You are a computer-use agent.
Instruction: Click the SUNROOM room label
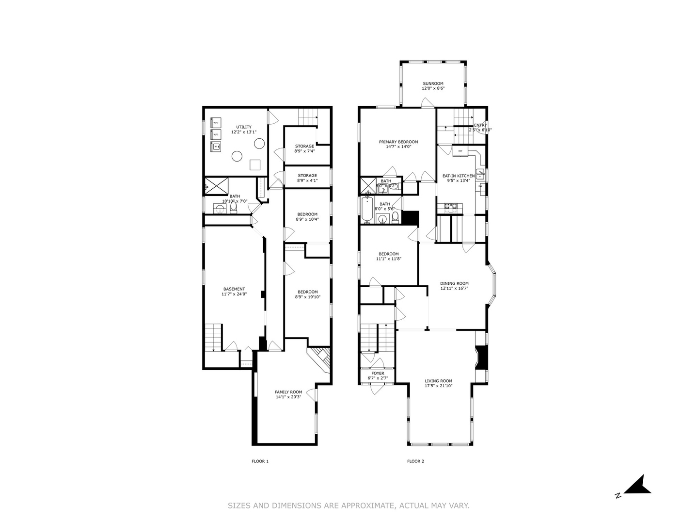click(x=433, y=83)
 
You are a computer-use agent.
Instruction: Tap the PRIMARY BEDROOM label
click(x=398, y=142)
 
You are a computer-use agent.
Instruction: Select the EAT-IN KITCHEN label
click(x=458, y=176)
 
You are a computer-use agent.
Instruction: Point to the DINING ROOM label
click(x=454, y=283)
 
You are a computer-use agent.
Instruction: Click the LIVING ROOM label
click(x=438, y=381)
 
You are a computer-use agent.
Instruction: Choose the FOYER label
click(x=378, y=373)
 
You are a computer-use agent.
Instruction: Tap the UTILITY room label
click(x=243, y=127)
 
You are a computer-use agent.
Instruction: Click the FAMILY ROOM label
click(x=288, y=392)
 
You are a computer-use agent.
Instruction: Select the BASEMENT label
click(x=234, y=289)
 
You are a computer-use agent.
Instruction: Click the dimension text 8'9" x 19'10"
click(x=307, y=297)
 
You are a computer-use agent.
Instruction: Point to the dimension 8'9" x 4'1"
click(x=307, y=181)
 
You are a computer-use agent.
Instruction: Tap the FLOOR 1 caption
click(x=260, y=461)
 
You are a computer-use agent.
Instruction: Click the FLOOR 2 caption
click(x=415, y=461)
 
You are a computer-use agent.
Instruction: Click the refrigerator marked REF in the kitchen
click(x=460, y=151)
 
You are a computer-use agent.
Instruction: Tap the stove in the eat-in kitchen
click(x=450, y=208)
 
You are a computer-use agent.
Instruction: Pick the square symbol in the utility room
click(x=255, y=165)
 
